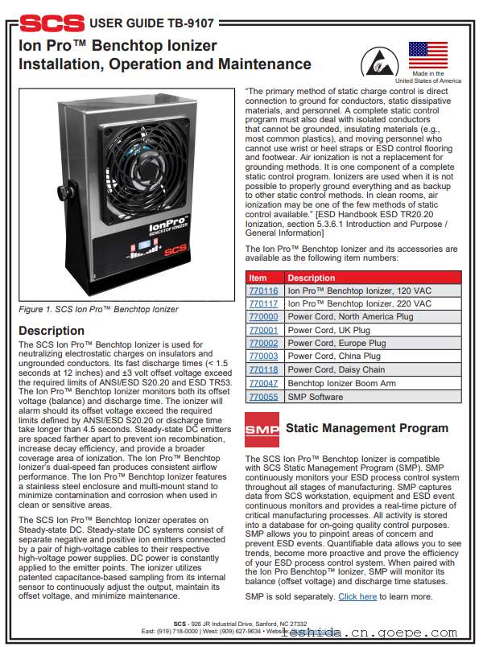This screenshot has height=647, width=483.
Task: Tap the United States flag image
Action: coord(428,56)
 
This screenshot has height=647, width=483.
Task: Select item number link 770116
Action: coord(263,291)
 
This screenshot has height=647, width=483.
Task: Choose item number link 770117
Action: coord(263,303)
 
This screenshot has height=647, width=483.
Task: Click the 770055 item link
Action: coord(263,397)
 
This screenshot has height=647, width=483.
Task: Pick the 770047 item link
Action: coord(263,384)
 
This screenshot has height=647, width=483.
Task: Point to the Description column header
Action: coord(312,278)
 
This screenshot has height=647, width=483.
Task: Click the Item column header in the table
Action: coord(258,278)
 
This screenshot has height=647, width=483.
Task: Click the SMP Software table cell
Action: coord(316,397)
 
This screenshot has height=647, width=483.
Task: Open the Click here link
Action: coord(357,596)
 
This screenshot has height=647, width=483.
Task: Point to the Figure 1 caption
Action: coord(98,309)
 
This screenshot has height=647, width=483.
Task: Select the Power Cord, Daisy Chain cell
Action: coord(336,370)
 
